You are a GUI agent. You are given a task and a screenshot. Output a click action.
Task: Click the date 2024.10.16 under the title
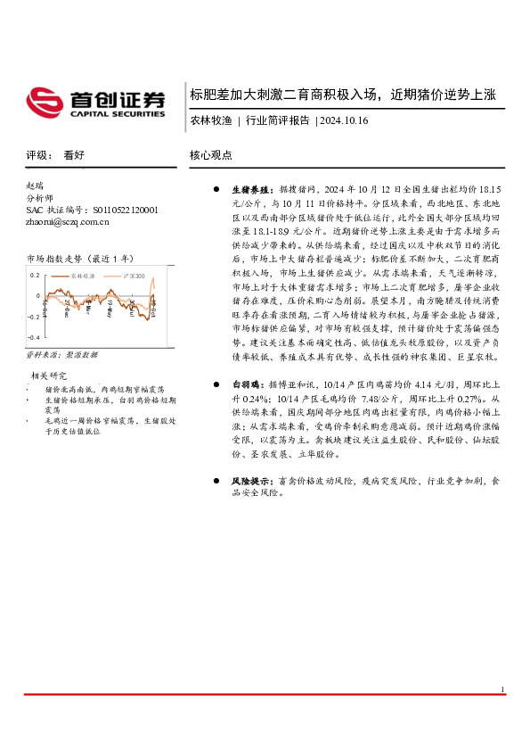coord(344,120)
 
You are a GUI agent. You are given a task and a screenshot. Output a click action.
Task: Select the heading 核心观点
coord(211,154)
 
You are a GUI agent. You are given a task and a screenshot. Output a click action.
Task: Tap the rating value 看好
coord(74,154)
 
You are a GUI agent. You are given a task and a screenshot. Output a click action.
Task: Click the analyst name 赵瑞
coord(35,186)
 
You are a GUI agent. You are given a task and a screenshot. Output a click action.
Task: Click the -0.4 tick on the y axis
coord(33,339)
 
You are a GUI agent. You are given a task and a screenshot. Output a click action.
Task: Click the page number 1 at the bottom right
coord(502,714)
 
